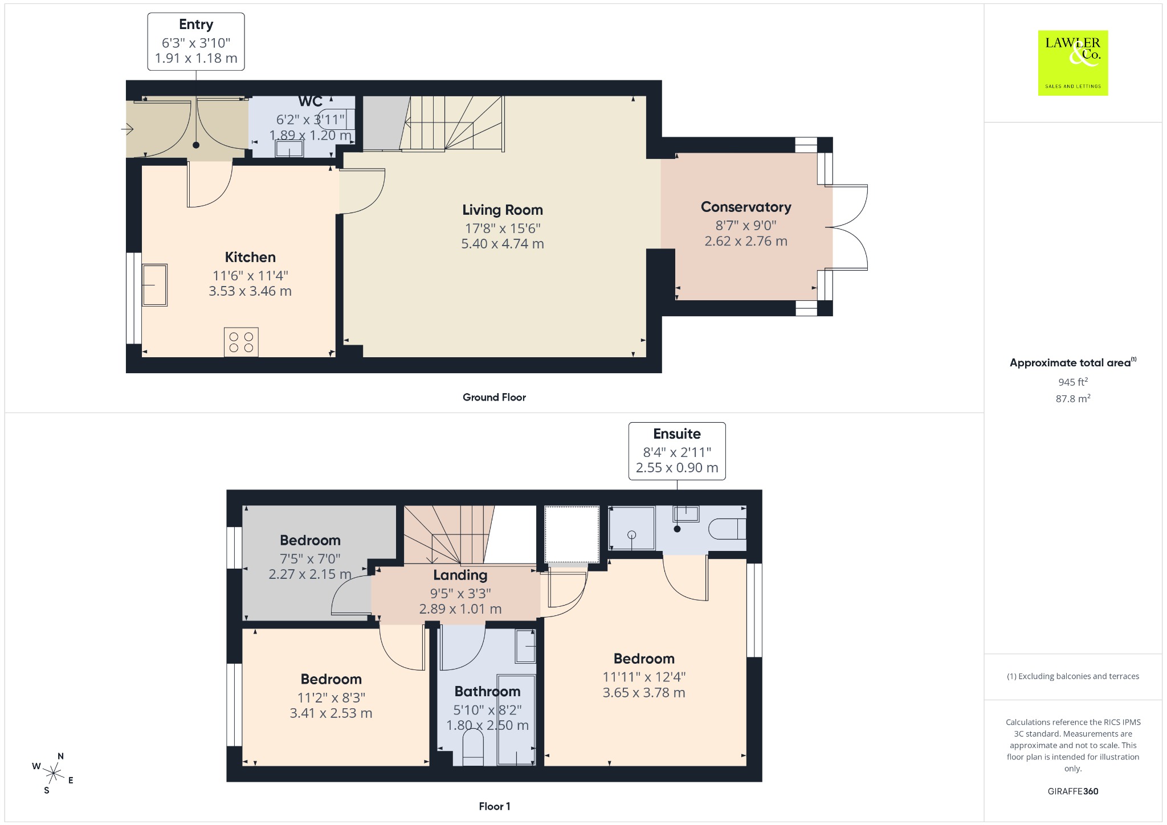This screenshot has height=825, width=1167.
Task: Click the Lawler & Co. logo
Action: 1073,63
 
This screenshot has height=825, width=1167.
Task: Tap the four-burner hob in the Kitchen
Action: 241,342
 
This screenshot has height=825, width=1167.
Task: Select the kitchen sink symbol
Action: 154,285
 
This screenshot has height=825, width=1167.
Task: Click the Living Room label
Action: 503,210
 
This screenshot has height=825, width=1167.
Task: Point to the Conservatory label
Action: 746,207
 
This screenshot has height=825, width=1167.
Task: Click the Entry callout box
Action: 196,42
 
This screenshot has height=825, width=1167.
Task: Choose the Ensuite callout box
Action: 677,451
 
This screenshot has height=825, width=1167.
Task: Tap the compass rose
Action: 53,773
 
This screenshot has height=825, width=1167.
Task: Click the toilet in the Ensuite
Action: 728,529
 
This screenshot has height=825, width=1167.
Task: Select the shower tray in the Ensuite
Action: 632,528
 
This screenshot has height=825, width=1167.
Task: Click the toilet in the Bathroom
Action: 472,748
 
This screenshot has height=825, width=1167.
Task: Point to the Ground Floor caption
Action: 494,397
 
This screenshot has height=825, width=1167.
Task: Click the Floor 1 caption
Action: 495,806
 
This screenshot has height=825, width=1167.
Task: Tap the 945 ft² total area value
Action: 1073,382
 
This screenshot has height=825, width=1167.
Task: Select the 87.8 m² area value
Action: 1073,398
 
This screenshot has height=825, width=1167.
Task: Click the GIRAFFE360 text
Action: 1073,791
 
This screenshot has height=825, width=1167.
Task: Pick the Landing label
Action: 460,575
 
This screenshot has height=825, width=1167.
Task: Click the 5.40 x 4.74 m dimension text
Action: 503,244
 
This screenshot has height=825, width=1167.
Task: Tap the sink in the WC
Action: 289,149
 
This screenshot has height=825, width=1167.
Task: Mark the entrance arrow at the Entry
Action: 127,130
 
